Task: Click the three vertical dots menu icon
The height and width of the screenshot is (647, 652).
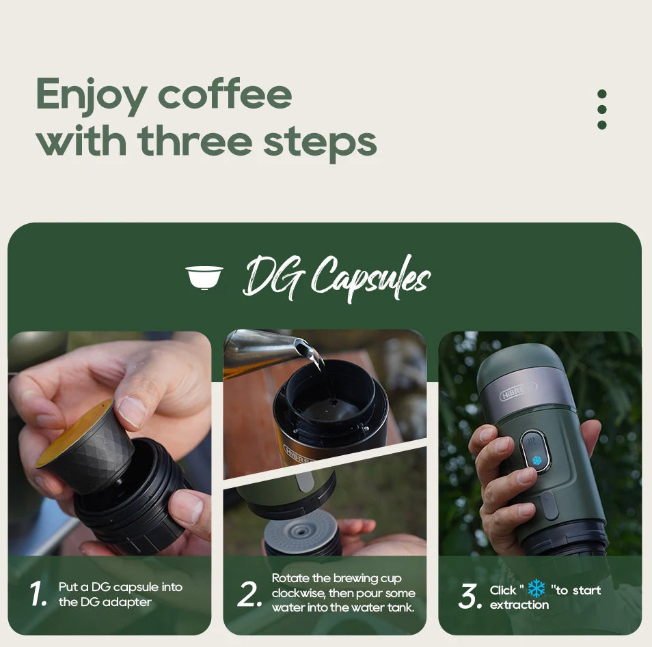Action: click(x=601, y=109)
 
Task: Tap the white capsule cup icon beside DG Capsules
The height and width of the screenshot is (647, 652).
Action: click(x=204, y=276)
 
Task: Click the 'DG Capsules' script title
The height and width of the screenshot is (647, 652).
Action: click(x=336, y=278)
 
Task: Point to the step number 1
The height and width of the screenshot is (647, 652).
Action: click(x=38, y=594)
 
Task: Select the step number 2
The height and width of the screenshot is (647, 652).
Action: click(x=249, y=595)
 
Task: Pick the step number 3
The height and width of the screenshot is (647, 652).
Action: click(x=470, y=596)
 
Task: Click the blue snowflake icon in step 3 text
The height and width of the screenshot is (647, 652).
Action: click(x=536, y=588)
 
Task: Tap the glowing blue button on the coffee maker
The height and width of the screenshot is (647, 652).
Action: click(x=536, y=459)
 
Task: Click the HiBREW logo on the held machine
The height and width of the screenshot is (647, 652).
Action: click(x=518, y=391)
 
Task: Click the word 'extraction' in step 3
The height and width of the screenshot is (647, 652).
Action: click(x=519, y=605)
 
